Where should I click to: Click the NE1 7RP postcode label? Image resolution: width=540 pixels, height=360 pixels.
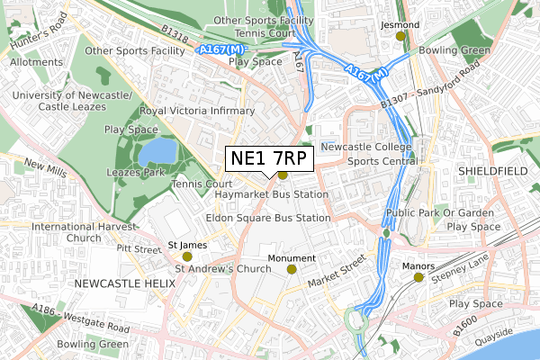point(268,159)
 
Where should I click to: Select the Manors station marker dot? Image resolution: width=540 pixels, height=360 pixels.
point(418,278)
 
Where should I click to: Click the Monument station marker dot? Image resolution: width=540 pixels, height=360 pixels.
point(292,269)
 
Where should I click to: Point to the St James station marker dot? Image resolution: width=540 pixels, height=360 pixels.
point(187,256)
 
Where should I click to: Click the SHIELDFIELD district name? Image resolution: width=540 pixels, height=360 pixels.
point(491,170)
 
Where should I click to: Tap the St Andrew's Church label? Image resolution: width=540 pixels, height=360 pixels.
point(222,268)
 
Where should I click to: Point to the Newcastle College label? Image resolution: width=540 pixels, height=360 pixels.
point(366,147)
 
